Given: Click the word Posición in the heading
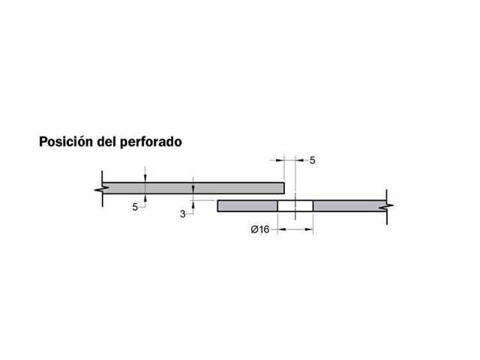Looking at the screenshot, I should (x=65, y=141).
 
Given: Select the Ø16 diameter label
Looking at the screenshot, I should (x=260, y=229).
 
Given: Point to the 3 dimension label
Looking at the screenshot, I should (x=182, y=214).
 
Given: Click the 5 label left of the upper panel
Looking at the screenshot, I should (x=135, y=207).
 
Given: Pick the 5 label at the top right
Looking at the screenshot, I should (x=313, y=160).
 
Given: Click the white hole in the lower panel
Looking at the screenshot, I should (x=295, y=205).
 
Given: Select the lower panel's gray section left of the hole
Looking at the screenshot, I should (x=247, y=205).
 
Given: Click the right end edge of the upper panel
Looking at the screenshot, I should (x=284, y=187).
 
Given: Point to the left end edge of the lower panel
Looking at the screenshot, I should (x=218, y=205).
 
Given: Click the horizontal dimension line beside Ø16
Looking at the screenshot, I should (x=295, y=229).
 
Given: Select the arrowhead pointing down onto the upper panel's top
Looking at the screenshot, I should (x=145, y=178).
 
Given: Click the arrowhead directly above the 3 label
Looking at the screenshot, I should (x=193, y=199).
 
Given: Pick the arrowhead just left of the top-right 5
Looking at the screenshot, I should (x=300, y=160).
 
